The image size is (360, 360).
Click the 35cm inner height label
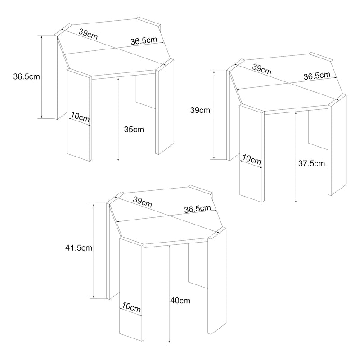[134, 130]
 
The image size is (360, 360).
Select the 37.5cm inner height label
[311, 163]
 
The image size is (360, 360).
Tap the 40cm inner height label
[180, 301]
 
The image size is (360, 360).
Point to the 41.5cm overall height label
[79, 248]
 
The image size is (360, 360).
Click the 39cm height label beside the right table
[200, 110]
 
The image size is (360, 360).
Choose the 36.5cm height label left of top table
[27, 76]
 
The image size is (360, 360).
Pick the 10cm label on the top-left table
[80, 117]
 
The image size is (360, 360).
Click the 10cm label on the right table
[252, 160]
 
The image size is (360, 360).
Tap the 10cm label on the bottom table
[131, 307]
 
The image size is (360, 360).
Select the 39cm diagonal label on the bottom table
[143, 202]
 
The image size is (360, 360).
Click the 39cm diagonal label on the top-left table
[88, 34]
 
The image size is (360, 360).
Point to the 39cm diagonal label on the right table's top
[262, 70]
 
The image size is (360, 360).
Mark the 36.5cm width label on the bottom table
[198, 209]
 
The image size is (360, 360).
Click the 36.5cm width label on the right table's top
[317, 76]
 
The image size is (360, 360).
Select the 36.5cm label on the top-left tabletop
[144, 40]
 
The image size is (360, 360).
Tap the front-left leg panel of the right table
[252, 153]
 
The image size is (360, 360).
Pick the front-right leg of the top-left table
[165, 107]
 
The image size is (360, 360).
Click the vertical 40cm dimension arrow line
[169, 294]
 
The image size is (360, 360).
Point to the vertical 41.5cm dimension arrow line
[94, 251]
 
